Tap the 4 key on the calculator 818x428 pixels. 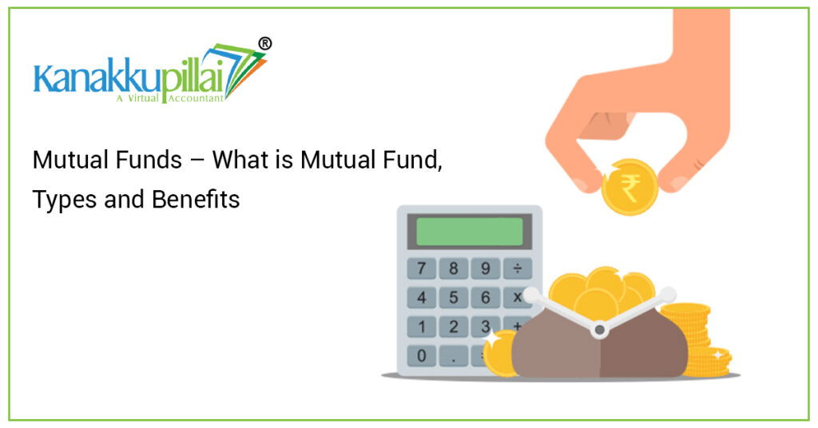click(422, 298)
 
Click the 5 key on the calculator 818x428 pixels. click(454, 298)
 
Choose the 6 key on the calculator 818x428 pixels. click(485, 298)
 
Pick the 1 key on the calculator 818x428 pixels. click(422, 327)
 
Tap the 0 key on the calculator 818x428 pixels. click(422, 356)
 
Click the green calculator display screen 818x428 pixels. click(470, 232)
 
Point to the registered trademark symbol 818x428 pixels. click(264, 44)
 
